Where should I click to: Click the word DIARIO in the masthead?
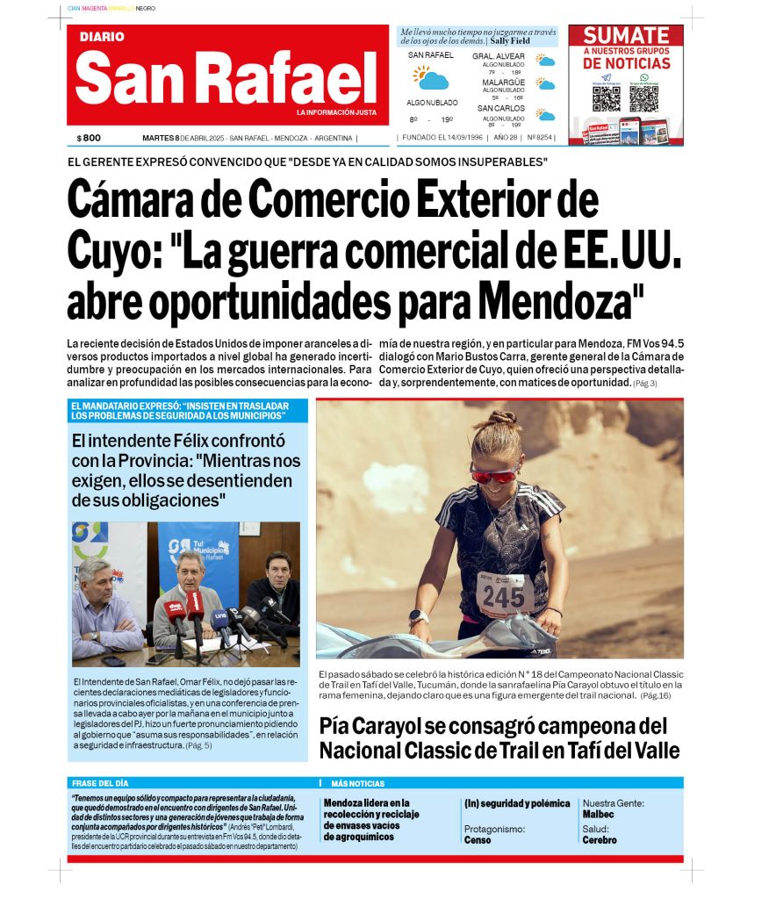102,37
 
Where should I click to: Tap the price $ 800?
89,138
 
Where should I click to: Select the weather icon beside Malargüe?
546,85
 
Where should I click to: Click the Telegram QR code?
606,98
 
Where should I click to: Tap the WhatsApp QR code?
643,98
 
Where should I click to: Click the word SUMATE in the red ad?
626,36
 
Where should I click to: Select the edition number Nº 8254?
540,138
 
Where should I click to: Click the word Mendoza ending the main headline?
550,304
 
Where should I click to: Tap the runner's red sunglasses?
493,475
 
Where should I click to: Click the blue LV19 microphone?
221,616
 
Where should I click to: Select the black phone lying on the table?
114,661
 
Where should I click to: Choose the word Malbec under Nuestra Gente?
598,814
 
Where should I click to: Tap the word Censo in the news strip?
477,839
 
